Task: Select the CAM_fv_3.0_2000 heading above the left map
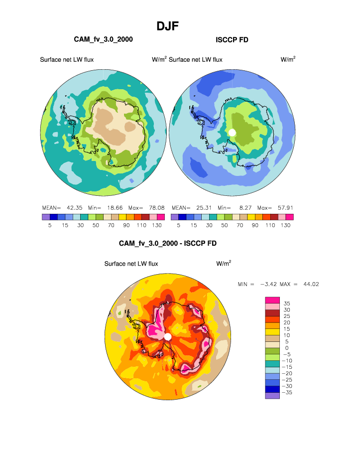coord(103,39)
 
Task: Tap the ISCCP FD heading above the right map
coord(232,39)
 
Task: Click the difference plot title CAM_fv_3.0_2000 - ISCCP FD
coord(168,243)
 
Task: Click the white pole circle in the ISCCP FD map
coord(232,132)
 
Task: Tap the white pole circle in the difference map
coord(168,337)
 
